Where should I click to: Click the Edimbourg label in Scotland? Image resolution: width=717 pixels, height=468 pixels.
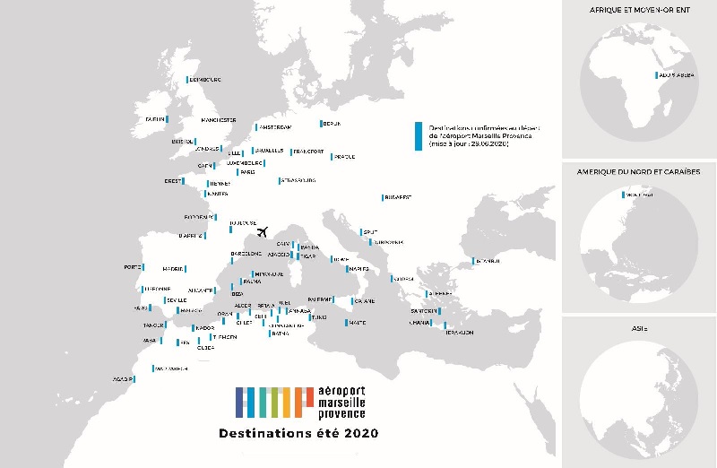click(205, 80)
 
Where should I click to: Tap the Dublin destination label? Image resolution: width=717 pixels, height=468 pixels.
click(155, 118)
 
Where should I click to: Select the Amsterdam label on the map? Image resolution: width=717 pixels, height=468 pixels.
click(274, 127)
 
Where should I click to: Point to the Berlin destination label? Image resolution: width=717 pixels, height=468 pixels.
click(332, 124)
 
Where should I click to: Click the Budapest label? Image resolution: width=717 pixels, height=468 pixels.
click(397, 197)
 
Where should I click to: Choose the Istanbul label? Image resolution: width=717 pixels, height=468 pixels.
click(488, 261)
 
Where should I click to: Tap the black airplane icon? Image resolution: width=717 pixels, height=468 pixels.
click(263, 232)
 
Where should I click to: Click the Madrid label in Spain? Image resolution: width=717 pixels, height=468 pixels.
click(174, 268)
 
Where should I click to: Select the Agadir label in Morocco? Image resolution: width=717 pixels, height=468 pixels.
click(124, 379)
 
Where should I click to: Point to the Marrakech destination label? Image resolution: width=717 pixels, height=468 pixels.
click(171, 368)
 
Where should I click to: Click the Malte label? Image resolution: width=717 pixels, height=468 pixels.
click(357, 323)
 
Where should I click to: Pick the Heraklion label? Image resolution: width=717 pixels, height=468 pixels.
click(459, 332)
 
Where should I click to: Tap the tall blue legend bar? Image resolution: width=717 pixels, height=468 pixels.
click(418, 135)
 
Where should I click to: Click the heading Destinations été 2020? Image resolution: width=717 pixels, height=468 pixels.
click(298, 433)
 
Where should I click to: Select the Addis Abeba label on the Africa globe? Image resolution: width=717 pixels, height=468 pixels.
click(677, 75)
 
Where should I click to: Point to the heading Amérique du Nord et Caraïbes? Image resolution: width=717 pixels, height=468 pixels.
click(638, 170)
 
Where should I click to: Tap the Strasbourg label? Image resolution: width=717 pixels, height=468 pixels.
click(298, 180)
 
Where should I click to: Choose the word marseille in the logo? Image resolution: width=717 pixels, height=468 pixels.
click(341, 403)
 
